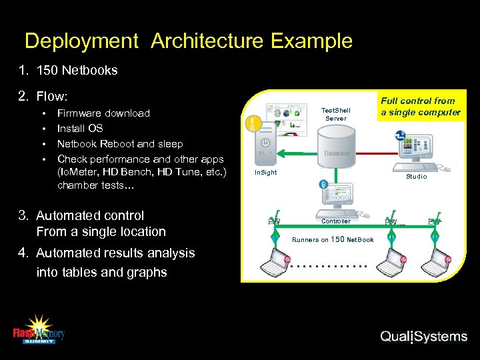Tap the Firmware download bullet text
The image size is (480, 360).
tap(103, 113)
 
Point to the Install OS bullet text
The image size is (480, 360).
tap(80, 129)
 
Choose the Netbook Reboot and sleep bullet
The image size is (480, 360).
tap(120, 144)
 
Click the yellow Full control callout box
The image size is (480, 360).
tap(421, 107)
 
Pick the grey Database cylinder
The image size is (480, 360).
tap(337, 152)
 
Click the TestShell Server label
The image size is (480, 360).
tap(335, 114)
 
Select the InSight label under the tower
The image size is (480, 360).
tap(266, 173)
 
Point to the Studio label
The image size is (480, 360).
tap(416, 177)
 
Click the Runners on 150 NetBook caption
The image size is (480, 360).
tap(333, 239)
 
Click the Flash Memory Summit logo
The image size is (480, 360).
tap(39, 329)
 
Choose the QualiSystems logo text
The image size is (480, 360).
tap(423, 337)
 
